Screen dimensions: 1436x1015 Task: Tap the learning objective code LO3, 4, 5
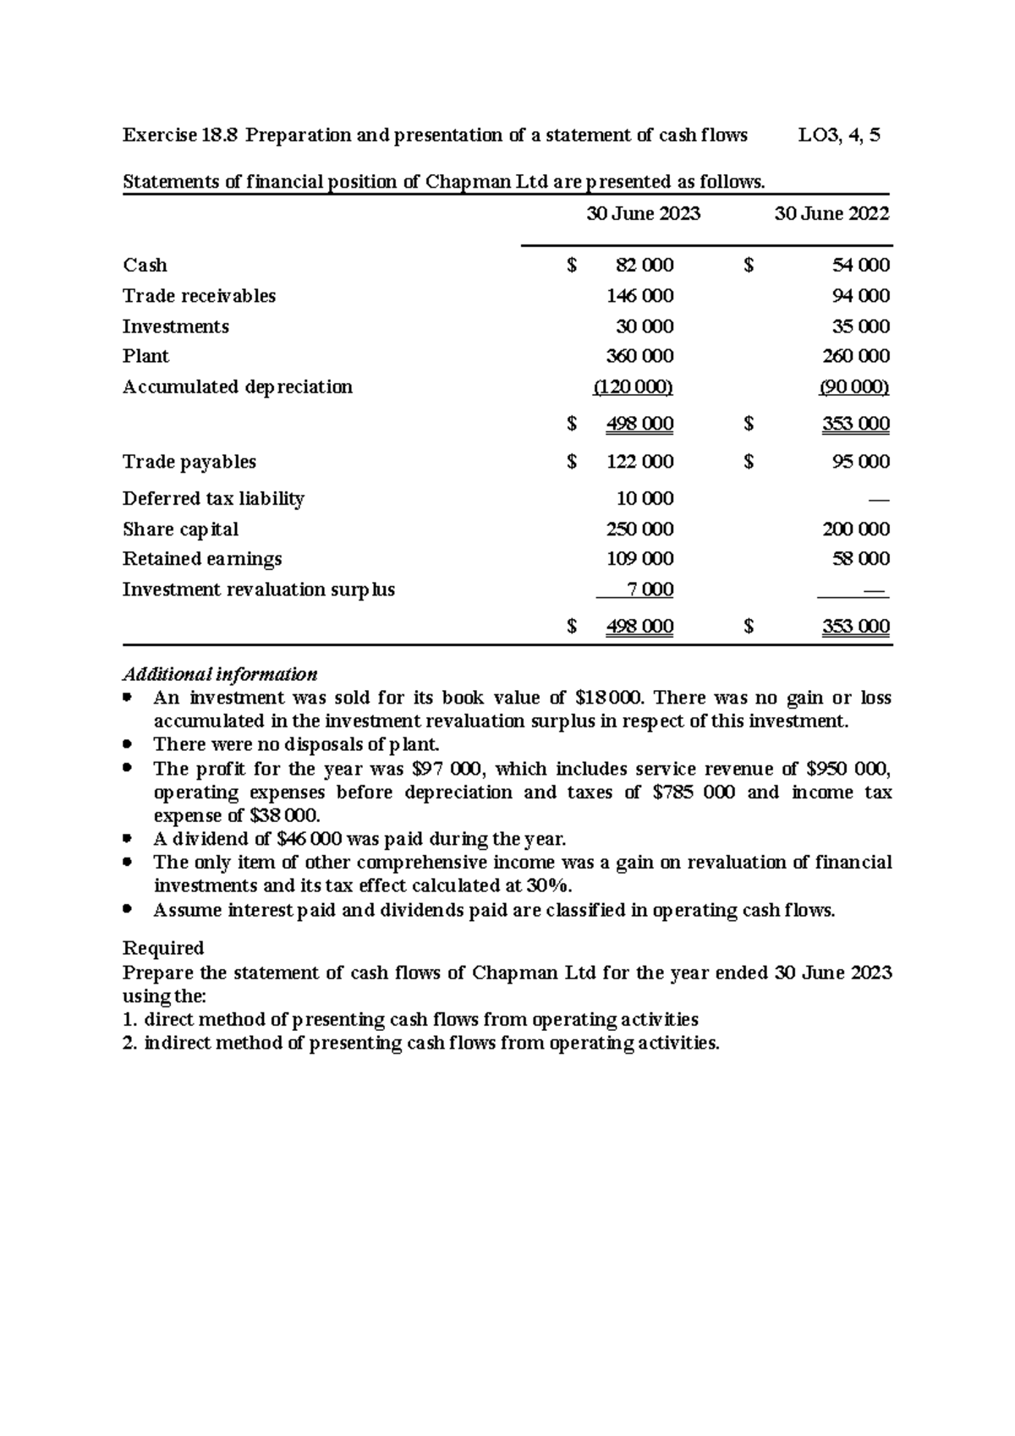coord(839,135)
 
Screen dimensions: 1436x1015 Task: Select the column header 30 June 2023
coord(644,214)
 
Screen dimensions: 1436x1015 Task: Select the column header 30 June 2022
coord(831,214)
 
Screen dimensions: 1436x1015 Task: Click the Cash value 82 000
coord(645,266)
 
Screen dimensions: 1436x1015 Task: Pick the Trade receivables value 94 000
coord(861,296)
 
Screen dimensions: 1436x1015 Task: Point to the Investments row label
coord(175,326)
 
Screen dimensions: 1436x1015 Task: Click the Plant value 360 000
coord(640,356)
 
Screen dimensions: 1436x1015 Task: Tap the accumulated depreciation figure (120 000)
coord(633,387)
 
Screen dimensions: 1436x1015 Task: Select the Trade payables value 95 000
coord(861,462)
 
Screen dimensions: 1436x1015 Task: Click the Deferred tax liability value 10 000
coord(645,499)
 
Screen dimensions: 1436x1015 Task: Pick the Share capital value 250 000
coord(640,529)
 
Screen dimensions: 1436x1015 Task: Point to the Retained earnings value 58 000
coord(861,559)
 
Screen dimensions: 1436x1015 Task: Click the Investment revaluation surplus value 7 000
coord(650,589)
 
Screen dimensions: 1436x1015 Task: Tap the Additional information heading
coord(220,675)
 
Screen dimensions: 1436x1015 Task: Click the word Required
coord(163,948)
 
